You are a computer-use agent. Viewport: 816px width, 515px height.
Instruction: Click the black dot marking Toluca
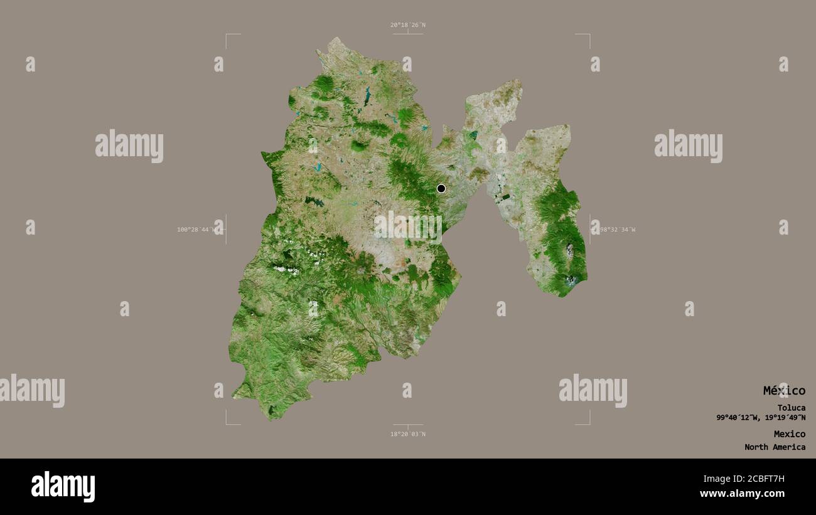(x=441, y=188)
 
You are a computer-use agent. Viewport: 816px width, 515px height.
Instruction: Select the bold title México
(x=784, y=391)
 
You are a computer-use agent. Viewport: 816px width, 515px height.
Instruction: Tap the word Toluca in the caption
(x=791, y=408)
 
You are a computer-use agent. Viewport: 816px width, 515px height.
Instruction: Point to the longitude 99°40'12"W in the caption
(x=738, y=418)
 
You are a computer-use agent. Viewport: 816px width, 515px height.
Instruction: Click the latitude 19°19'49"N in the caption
(x=784, y=418)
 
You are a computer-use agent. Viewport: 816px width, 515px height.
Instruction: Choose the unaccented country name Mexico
(x=789, y=434)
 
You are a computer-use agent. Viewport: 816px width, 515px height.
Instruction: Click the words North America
(x=775, y=447)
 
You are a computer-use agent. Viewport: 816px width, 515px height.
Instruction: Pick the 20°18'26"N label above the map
(x=407, y=25)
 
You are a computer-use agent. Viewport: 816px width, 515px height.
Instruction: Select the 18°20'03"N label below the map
(x=407, y=434)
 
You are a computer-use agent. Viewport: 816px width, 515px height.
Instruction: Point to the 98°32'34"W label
(x=616, y=230)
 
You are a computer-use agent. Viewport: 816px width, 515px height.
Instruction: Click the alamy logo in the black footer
(x=63, y=487)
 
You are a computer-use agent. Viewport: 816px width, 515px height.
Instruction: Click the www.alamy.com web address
(x=742, y=494)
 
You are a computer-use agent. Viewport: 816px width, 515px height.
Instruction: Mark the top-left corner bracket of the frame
(x=227, y=36)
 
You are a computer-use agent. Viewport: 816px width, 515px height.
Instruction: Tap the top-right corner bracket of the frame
(x=588, y=36)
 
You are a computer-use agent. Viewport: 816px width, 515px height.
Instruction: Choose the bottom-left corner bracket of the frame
(x=227, y=423)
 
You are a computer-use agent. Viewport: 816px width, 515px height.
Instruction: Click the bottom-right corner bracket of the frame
(x=588, y=423)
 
